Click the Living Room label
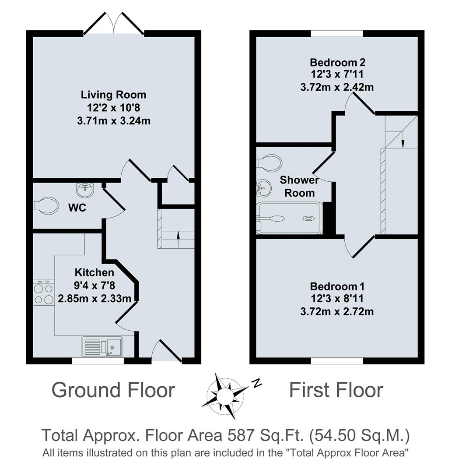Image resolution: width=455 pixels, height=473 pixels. [113, 95]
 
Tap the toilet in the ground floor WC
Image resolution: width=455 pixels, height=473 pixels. [47, 205]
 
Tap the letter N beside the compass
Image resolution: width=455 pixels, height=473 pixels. [256, 384]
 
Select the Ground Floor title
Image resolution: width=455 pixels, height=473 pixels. [113, 390]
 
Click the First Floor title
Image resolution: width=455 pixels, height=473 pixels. [336, 390]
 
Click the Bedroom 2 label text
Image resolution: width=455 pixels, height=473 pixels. [336, 62]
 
